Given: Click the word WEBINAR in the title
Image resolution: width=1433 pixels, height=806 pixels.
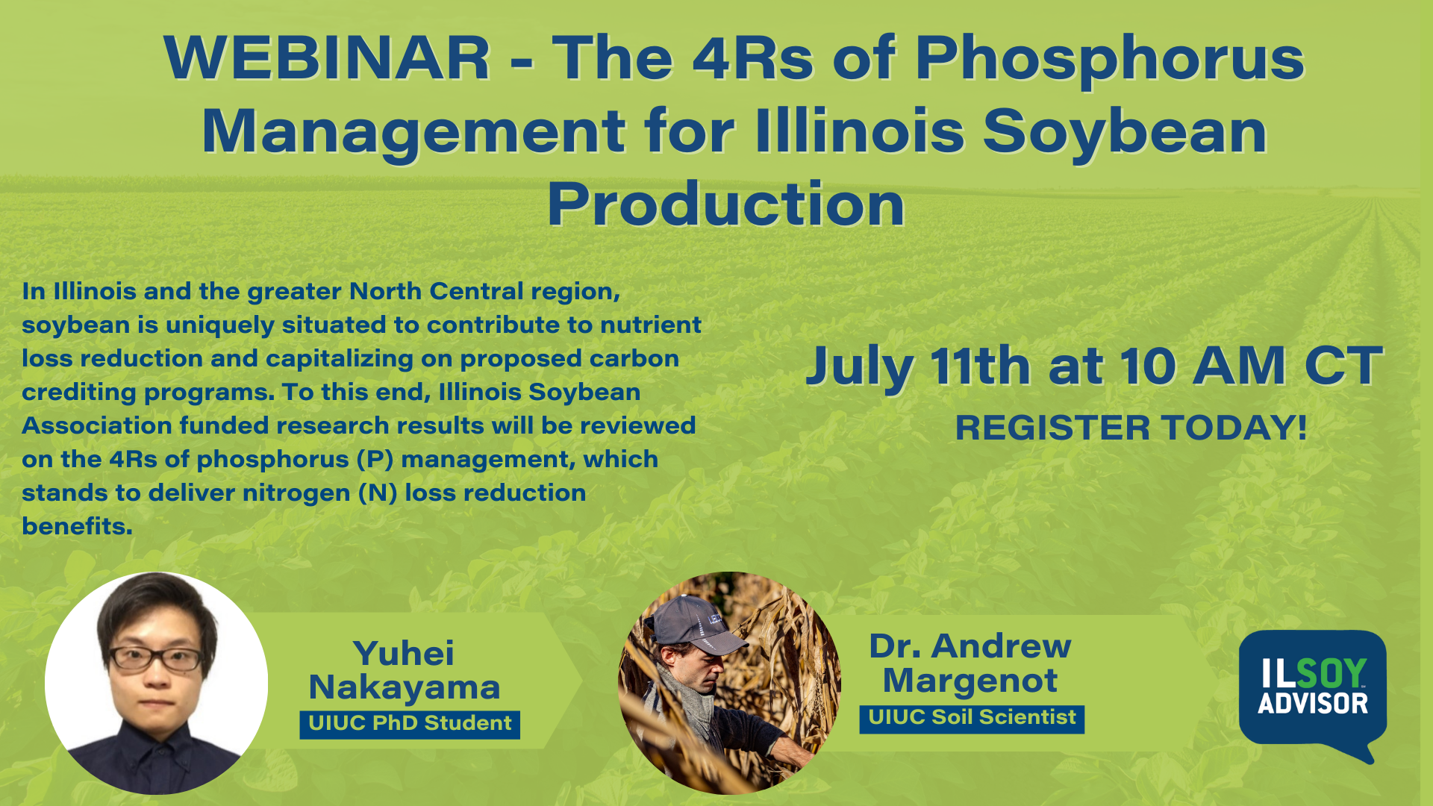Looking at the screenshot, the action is (327, 57).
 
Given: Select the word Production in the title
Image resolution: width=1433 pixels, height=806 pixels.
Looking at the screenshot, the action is (725, 204).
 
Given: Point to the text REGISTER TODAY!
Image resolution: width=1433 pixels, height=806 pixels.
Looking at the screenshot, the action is (1131, 428).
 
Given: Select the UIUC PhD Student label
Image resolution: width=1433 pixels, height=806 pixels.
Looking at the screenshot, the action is (410, 724).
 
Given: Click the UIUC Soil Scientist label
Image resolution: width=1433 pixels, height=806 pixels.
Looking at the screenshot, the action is (972, 719).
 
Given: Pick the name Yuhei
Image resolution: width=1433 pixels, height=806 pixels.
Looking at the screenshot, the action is (404, 654).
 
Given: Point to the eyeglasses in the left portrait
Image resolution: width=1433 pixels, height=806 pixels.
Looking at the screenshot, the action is (156, 658).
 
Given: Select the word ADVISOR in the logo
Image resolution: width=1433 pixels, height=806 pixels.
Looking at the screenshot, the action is (1313, 704).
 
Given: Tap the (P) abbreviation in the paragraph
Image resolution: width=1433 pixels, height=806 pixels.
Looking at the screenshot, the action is (375, 460).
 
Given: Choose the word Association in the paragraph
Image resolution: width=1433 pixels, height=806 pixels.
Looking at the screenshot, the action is (97, 425).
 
